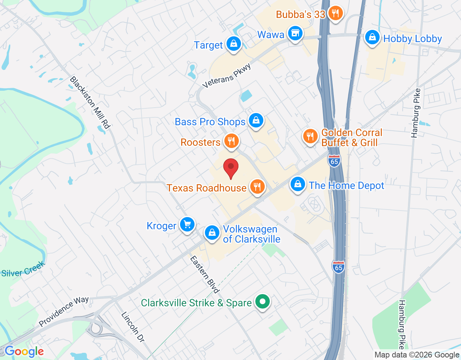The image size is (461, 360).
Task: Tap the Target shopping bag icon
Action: click(234, 44)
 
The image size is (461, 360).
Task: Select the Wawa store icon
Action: click(295, 33)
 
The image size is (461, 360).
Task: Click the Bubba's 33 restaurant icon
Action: click(335, 13)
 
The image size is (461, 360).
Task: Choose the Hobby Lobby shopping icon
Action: click(372, 37)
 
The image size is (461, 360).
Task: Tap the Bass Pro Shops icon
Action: click(256, 121)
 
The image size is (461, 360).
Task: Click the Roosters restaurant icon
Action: click(232, 141)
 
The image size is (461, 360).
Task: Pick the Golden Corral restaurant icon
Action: click(310, 136)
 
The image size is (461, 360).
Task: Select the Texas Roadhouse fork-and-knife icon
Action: click(257, 187)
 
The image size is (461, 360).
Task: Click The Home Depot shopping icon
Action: click(298, 185)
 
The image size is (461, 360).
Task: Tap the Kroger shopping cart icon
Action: click(187, 225)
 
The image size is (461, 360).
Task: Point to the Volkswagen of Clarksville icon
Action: click(212, 233)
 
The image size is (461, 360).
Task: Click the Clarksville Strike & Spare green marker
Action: click(263, 302)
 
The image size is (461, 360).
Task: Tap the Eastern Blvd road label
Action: click(205, 275)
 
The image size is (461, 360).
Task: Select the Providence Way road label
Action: click(64, 311)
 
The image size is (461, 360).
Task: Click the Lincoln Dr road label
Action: click(133, 327)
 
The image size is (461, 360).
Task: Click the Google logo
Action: click(24, 351)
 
